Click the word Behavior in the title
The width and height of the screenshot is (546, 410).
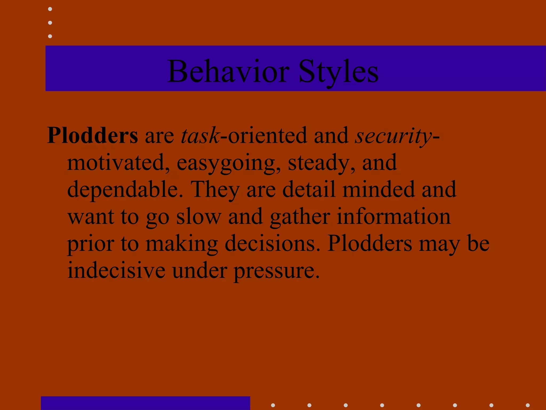click(228, 72)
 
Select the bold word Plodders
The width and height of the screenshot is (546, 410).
click(93, 135)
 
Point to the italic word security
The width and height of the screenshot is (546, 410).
click(393, 135)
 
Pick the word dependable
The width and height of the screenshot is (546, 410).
click(125, 190)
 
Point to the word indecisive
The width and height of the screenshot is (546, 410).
click(116, 270)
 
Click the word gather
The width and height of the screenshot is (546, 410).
click(300, 217)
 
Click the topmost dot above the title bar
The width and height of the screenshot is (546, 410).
click(50, 9)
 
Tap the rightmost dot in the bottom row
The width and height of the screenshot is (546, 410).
click(528, 405)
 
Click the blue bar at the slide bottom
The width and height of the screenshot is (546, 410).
click(146, 403)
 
